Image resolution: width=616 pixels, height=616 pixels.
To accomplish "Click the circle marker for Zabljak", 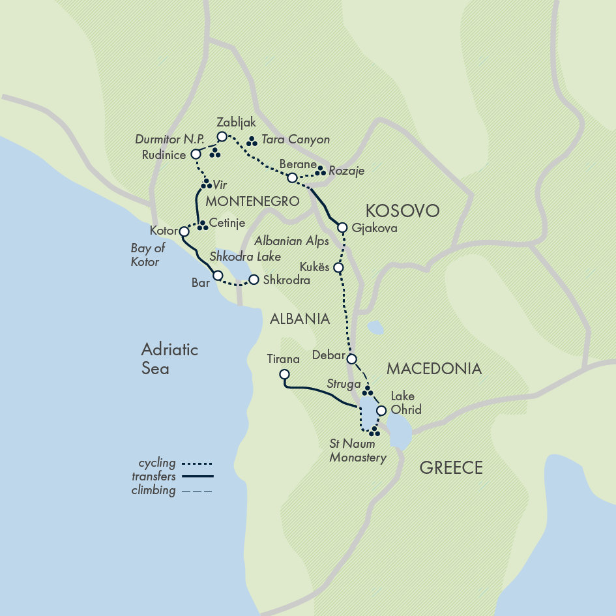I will click(222, 136).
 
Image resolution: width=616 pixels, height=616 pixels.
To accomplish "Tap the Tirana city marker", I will click(284, 374).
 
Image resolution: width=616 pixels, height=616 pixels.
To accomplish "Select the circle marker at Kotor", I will click(184, 231).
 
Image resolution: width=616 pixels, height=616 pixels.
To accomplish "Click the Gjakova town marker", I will click(342, 227).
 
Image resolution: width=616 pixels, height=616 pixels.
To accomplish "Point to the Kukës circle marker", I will click(338, 267).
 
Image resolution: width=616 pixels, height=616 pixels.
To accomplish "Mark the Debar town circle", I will click(351, 359).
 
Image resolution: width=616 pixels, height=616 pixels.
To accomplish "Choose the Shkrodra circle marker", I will click(254, 280).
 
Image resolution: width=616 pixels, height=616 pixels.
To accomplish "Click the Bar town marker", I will click(218, 275).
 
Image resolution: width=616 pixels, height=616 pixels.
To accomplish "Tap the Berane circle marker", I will click(293, 178).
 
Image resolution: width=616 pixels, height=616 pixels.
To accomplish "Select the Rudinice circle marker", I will click(195, 154).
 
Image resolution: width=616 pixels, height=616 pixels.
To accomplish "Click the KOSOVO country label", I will click(402, 211).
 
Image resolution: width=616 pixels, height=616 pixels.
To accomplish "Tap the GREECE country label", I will click(451, 467).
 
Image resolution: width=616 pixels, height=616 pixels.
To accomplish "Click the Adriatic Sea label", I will click(169, 359).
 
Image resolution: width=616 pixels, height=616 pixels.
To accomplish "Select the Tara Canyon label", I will click(295, 139).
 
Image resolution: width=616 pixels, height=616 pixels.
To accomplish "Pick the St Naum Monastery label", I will click(358, 450).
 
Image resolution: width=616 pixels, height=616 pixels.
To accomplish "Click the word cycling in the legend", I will click(156, 463).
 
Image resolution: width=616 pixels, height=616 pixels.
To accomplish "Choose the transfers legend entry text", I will click(153, 477).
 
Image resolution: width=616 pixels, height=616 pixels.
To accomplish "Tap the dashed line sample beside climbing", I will click(200, 491).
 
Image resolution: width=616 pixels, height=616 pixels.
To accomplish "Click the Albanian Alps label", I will click(291, 241).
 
